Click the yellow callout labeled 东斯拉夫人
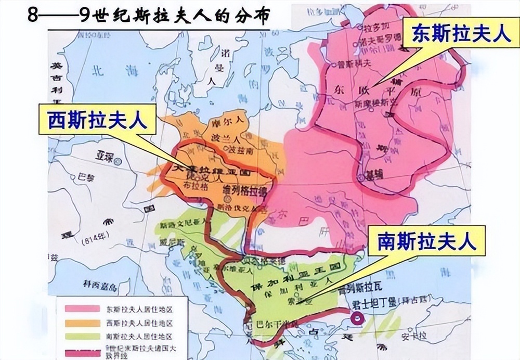461,32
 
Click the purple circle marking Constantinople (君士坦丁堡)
357,319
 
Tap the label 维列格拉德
244,190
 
